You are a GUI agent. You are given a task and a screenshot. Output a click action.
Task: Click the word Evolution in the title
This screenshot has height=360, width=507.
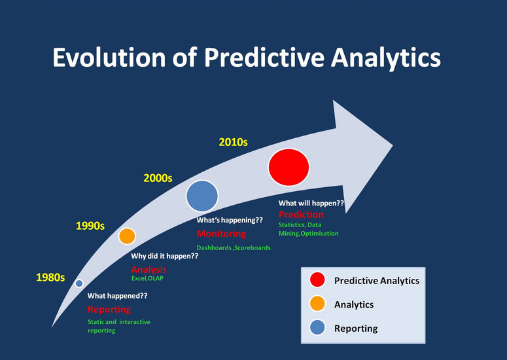point(109,57)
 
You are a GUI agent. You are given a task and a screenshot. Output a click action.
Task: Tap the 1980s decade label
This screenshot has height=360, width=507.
point(50,277)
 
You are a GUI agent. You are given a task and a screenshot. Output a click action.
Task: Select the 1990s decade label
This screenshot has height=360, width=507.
point(90,226)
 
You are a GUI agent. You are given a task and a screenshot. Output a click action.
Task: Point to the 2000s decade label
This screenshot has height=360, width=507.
point(158,178)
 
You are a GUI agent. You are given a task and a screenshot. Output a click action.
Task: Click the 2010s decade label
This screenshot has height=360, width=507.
point(233,142)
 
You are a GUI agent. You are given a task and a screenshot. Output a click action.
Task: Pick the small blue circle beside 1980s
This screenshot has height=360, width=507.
point(79,283)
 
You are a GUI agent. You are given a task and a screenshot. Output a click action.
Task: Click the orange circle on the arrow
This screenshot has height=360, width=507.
point(127,236)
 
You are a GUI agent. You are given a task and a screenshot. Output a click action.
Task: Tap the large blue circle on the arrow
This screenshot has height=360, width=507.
point(202,196)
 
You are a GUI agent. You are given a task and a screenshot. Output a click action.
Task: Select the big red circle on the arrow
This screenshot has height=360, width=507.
point(288,167)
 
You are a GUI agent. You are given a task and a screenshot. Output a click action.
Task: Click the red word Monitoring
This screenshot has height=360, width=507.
point(222,234)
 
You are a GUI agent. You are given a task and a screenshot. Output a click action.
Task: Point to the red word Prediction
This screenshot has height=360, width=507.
point(301,215)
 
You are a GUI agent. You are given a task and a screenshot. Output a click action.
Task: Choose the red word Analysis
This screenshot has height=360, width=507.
point(149,270)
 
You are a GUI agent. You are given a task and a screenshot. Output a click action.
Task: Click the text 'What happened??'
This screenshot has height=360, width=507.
point(118,296)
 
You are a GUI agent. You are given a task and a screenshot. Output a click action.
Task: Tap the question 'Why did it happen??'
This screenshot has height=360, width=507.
point(165,256)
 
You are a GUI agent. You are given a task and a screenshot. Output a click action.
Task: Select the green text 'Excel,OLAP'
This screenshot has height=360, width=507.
point(147,278)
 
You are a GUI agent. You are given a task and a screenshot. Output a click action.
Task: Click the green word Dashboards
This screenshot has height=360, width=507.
point(214,248)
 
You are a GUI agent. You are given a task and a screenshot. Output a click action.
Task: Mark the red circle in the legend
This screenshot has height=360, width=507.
point(317,279)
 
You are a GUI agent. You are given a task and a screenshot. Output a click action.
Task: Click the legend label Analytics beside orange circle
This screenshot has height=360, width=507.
point(354,304)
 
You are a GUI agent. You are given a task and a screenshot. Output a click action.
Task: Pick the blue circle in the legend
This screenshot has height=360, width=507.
point(317,327)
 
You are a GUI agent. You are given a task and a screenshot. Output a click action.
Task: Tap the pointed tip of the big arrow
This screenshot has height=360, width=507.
point(393,145)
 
